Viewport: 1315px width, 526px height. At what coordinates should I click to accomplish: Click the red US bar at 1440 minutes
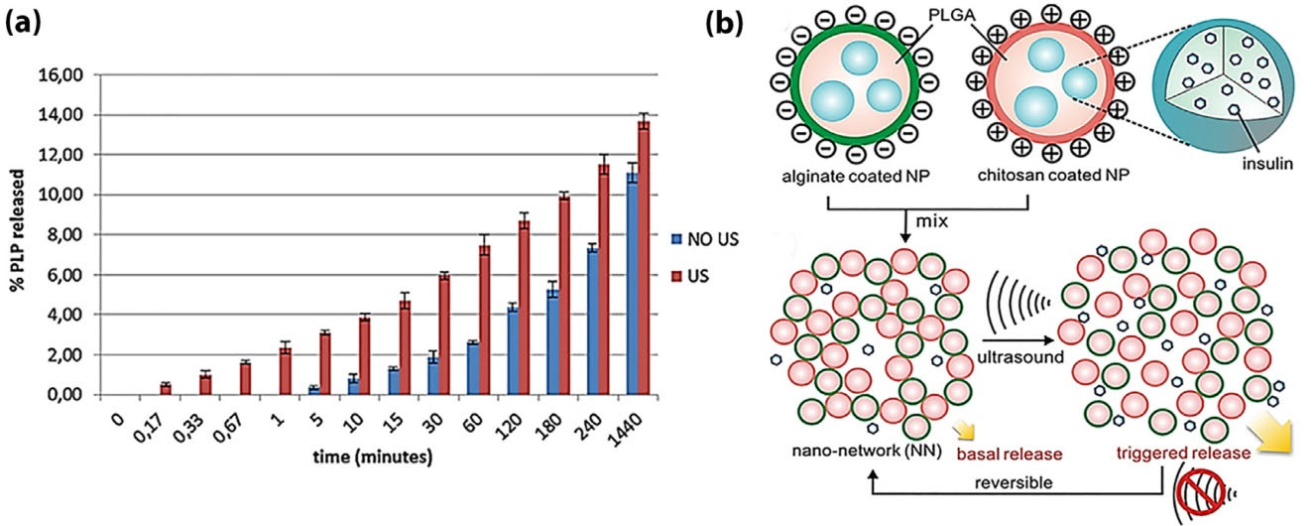644,258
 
